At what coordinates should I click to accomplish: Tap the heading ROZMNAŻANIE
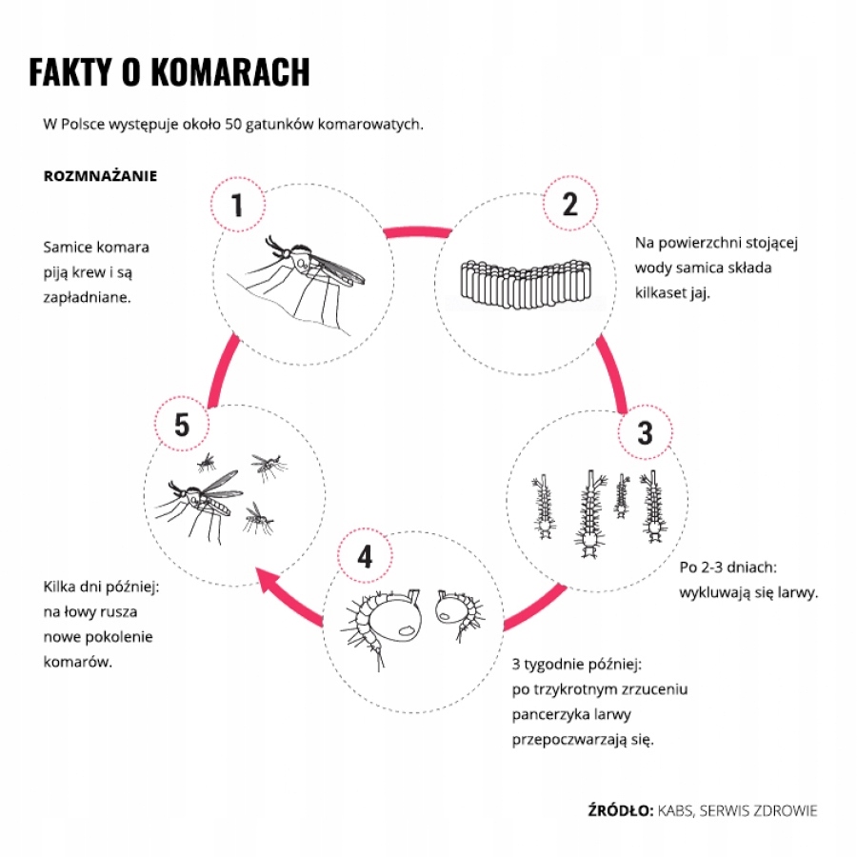pos(100,177)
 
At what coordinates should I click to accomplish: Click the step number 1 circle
pos(236,204)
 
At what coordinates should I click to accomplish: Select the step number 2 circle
pos(569,204)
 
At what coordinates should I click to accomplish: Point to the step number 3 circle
pos(645,433)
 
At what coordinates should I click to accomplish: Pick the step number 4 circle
pos(366,556)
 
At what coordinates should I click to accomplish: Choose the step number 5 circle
pos(182,426)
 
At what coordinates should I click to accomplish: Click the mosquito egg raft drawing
pos(522,284)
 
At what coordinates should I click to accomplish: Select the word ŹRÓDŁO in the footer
pos(620,810)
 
